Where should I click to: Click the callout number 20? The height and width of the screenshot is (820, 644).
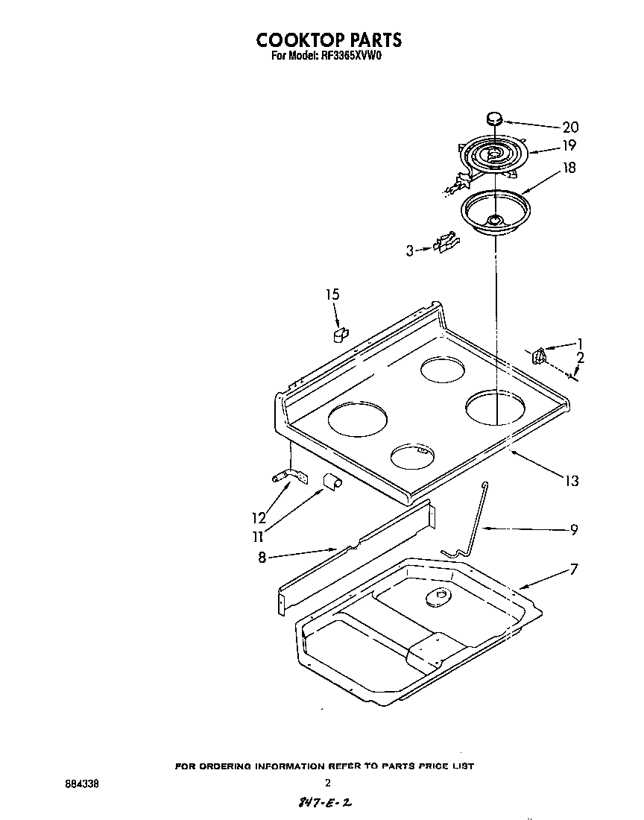(x=570, y=127)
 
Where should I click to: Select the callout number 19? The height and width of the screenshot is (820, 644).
(x=570, y=145)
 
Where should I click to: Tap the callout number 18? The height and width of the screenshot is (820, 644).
(x=569, y=168)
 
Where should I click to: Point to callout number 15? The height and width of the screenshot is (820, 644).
(x=332, y=295)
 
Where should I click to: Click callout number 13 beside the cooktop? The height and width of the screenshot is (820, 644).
(x=571, y=482)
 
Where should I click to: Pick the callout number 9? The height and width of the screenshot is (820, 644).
(x=573, y=530)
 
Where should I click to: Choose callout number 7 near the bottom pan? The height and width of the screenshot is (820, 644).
(x=573, y=570)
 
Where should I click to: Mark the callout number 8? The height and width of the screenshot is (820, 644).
(x=262, y=556)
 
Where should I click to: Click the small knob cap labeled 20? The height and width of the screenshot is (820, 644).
(x=493, y=117)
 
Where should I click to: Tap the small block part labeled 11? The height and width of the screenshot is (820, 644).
(x=332, y=482)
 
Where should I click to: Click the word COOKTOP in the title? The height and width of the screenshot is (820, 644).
(x=299, y=40)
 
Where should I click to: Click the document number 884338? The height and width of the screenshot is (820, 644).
(x=81, y=783)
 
